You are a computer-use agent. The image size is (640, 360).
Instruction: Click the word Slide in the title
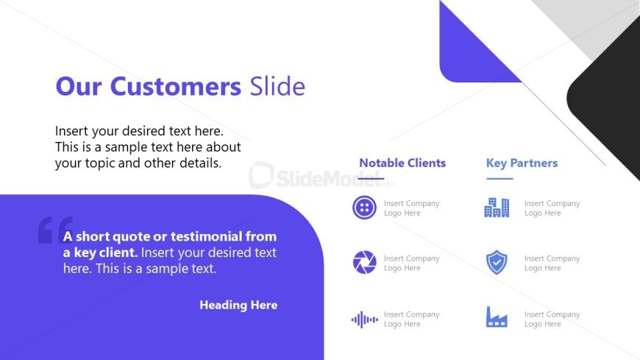pos(277,87)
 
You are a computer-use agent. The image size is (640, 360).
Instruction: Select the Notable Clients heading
pos(402,163)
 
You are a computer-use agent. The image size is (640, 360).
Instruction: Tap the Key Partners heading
pos(522,163)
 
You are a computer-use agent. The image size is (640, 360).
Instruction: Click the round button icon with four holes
pos(364,208)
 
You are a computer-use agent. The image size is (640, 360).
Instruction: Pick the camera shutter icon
pos(364,262)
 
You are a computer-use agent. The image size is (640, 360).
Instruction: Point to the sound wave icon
pos(364,319)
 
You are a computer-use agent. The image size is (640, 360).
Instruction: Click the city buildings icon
pos(497,208)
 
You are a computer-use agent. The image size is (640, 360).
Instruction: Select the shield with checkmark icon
pos(497,262)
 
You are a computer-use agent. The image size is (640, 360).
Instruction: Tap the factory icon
pos(497,317)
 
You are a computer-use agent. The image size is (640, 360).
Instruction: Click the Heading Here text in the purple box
pos(238,305)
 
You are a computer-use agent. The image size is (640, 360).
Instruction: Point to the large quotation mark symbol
pos(55,230)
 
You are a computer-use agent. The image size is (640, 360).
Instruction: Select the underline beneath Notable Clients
pos(371,179)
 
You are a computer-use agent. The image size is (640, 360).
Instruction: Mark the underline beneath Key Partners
pos(499,179)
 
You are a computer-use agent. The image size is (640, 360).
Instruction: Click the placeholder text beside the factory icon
pos(552,319)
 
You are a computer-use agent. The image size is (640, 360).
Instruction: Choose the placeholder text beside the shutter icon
pos(411,263)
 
